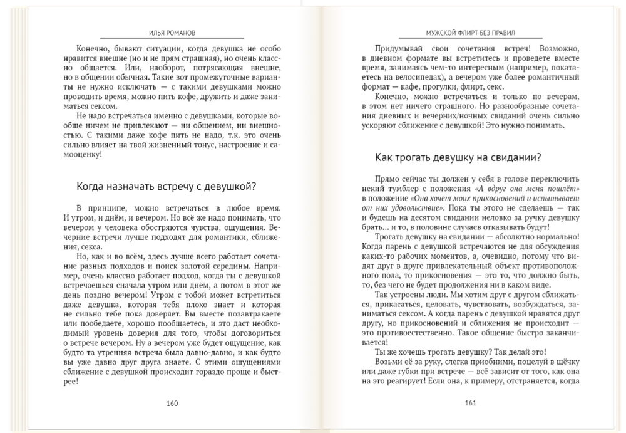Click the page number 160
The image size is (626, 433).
(x=172, y=403)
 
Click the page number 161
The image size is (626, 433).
(x=471, y=403)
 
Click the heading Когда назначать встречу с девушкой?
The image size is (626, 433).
(x=165, y=186)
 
